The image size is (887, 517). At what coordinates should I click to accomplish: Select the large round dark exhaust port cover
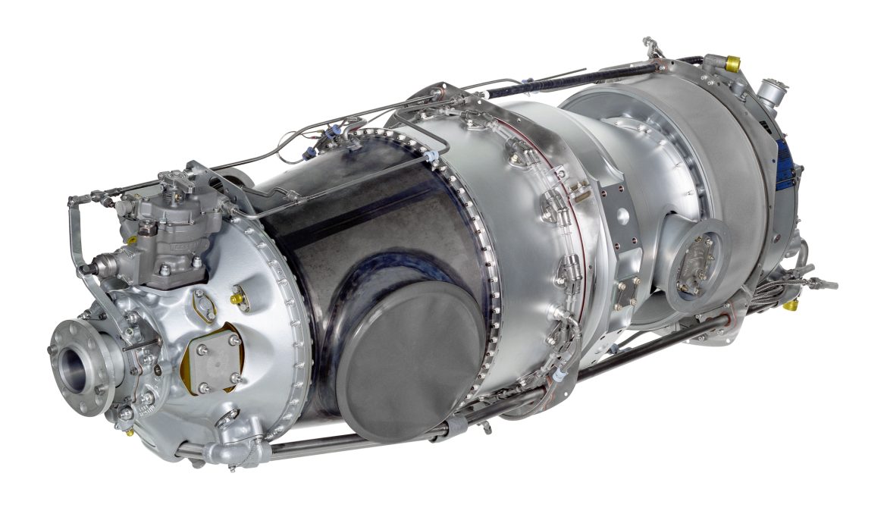coord(410,361)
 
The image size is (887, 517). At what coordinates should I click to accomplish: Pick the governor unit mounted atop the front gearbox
coord(171,227)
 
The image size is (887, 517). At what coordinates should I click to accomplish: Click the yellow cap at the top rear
coord(732,64)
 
